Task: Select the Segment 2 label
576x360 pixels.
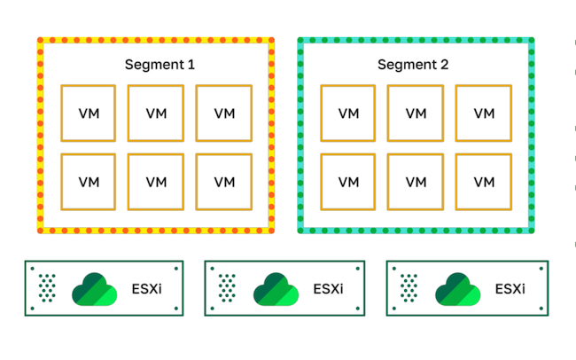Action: coord(413,65)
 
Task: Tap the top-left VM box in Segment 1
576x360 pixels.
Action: coord(89,113)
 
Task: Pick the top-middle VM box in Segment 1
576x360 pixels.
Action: coord(156,113)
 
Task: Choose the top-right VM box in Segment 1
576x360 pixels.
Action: coord(224,113)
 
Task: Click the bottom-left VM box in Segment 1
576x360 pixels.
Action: coord(89,181)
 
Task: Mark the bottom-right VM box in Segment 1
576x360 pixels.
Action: coord(224,181)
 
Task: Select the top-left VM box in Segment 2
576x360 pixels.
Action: coord(348,113)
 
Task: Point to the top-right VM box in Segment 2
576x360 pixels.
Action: coord(484,113)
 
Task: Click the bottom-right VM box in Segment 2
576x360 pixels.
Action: coord(484,181)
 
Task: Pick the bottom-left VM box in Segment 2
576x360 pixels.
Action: coord(348,181)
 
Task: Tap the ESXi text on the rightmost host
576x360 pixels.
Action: coord(510,288)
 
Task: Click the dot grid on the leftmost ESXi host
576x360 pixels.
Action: coord(48,287)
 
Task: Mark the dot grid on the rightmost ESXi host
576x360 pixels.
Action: coord(410,287)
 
